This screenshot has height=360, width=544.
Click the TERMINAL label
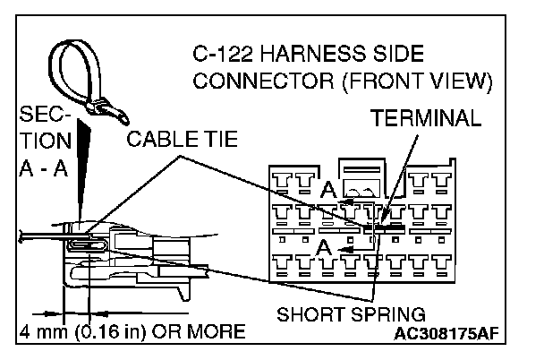[427, 119]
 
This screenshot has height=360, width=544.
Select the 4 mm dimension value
[43, 333]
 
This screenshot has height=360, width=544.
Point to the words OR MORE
[197, 333]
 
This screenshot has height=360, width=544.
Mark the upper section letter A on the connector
[328, 190]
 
